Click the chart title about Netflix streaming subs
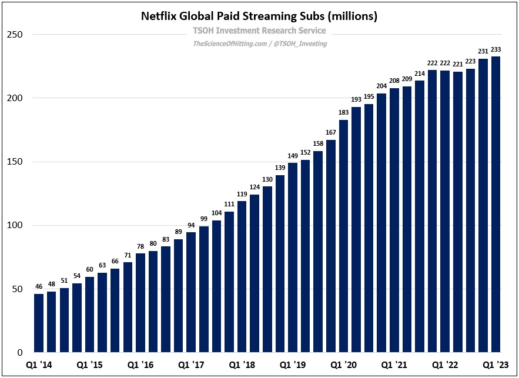(259, 16)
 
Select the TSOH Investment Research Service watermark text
(259, 31)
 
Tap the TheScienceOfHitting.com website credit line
(259, 44)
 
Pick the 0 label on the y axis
(19, 352)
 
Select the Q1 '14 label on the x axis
(38, 365)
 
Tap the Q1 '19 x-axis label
(293, 365)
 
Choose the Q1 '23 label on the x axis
(495, 365)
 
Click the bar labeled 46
(39, 323)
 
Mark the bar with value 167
(331, 246)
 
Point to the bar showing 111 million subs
(229, 282)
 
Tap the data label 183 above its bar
(343, 112)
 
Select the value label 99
(204, 219)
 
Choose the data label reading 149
(293, 156)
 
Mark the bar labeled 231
(483, 206)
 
